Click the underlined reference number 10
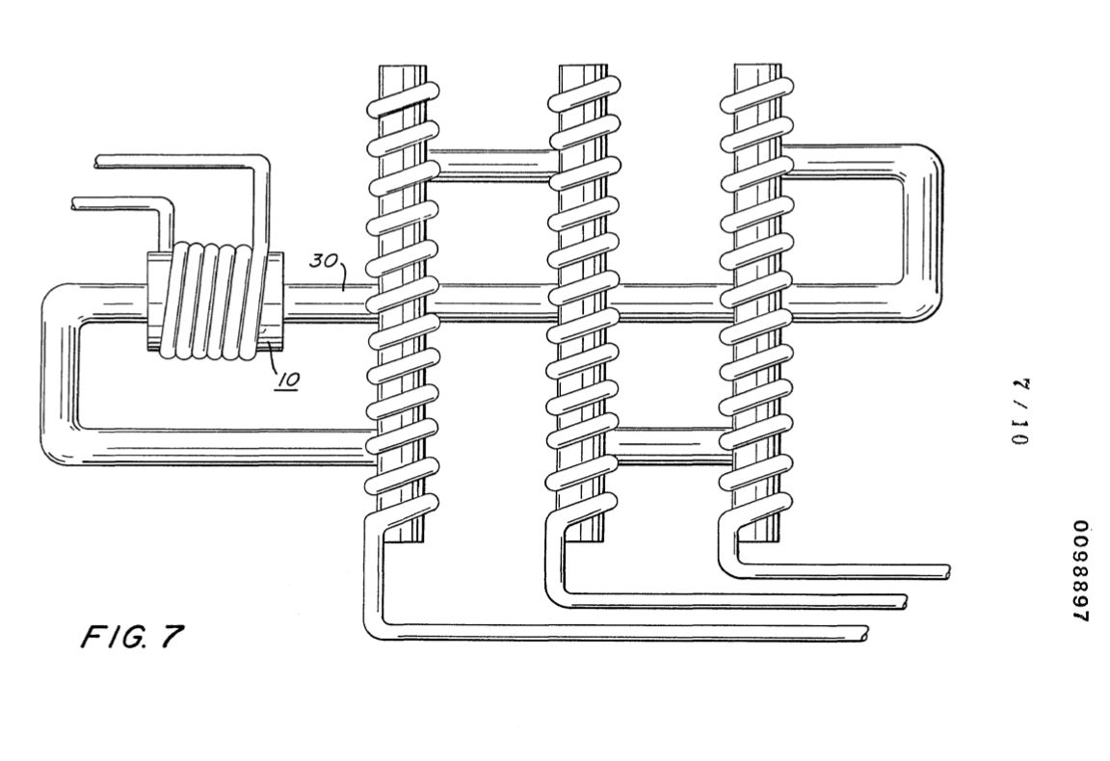(287, 380)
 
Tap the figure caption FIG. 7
(132, 637)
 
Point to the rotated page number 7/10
(1020, 411)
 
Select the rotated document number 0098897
(1079, 570)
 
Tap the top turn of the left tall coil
(403, 99)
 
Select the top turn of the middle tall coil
(585, 94)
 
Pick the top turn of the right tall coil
(758, 94)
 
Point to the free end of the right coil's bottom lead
(944, 572)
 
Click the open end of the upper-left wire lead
(97, 162)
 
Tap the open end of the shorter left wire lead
(73, 203)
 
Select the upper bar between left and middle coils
(489, 164)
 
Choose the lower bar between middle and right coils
(669, 444)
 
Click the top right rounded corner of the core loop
(923, 164)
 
